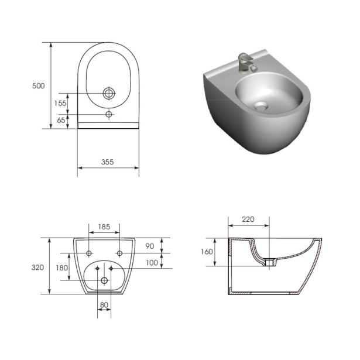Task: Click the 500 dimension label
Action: pos(39,86)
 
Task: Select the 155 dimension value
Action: pos(60,103)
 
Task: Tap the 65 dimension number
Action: pos(61,120)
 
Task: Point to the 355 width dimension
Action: pos(108,162)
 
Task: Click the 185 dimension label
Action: pos(104,227)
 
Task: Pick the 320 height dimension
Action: pos(37,268)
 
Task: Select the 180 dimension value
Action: pos(62,268)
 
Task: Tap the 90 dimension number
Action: pos(150,246)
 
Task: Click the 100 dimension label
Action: pos(152,263)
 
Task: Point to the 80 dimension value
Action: pos(104,305)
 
